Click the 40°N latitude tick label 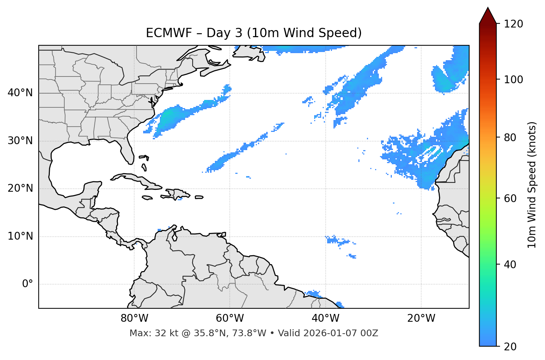[20, 93]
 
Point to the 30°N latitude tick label [20, 141]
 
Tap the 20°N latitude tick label [20, 188]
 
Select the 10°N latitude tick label [20, 236]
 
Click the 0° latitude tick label [28, 284]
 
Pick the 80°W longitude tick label [134, 318]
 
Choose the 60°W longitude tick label [230, 318]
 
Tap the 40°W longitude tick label [325, 318]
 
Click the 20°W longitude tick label [421, 318]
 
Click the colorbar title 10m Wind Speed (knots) [532, 185]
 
